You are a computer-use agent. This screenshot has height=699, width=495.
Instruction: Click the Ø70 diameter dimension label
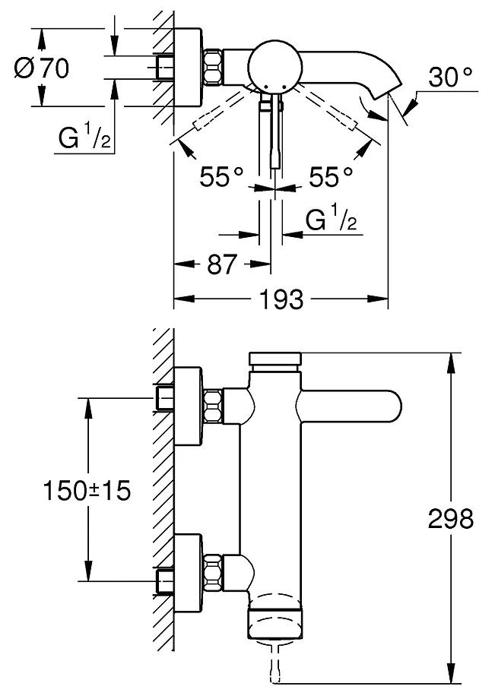tap(42, 68)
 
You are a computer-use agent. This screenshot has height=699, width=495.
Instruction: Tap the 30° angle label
tap(449, 77)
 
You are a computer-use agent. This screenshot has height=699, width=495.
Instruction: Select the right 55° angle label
tap(331, 177)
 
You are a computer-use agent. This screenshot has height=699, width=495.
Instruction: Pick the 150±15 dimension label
tap(84, 491)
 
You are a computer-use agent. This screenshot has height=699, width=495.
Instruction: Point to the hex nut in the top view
tap(215, 67)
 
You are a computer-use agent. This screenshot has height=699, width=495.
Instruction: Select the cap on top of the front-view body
tap(276, 359)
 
